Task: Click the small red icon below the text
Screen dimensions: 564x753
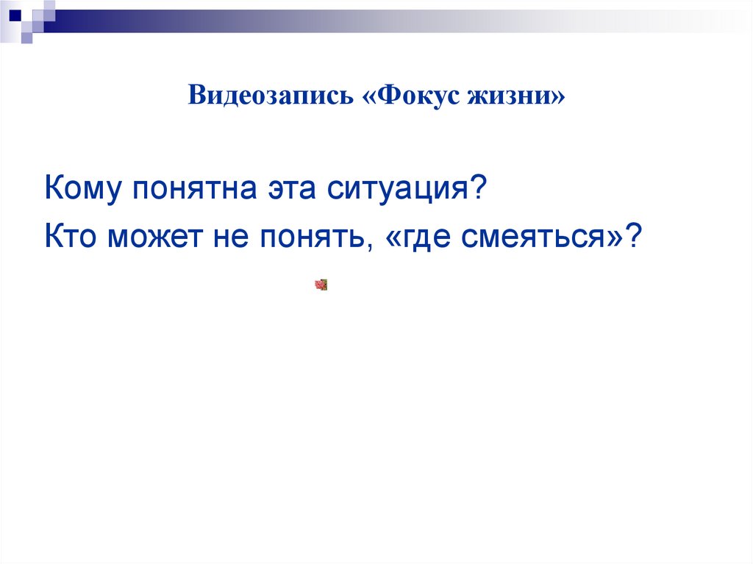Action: (321, 285)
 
